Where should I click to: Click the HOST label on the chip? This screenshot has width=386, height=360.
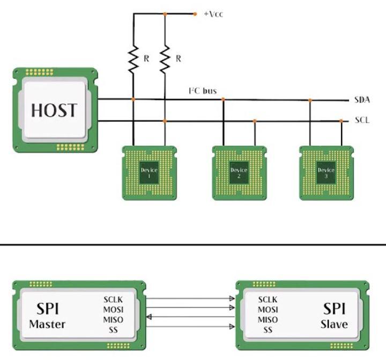pos(54,109)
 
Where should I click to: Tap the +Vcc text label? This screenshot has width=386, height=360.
pos(213,14)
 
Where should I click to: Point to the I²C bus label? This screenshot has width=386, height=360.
pos(202,91)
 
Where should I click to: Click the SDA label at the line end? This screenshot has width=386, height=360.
pos(362,100)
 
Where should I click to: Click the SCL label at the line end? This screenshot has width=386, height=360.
pos(362,121)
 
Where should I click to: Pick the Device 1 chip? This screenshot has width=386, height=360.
pos(149,173)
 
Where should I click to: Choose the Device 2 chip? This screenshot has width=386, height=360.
pos(239,173)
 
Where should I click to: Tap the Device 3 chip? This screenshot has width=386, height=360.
pos(326,173)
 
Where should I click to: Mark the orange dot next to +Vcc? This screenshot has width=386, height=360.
pos(195,14)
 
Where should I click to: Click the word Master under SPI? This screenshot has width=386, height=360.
pos(47,324)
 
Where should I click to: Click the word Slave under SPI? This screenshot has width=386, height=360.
pos(334,324)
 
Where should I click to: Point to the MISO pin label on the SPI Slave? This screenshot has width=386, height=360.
pos(268,320)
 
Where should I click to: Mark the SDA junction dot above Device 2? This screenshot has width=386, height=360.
pos(224,100)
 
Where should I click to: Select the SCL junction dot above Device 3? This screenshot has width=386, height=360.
pos(341,121)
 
